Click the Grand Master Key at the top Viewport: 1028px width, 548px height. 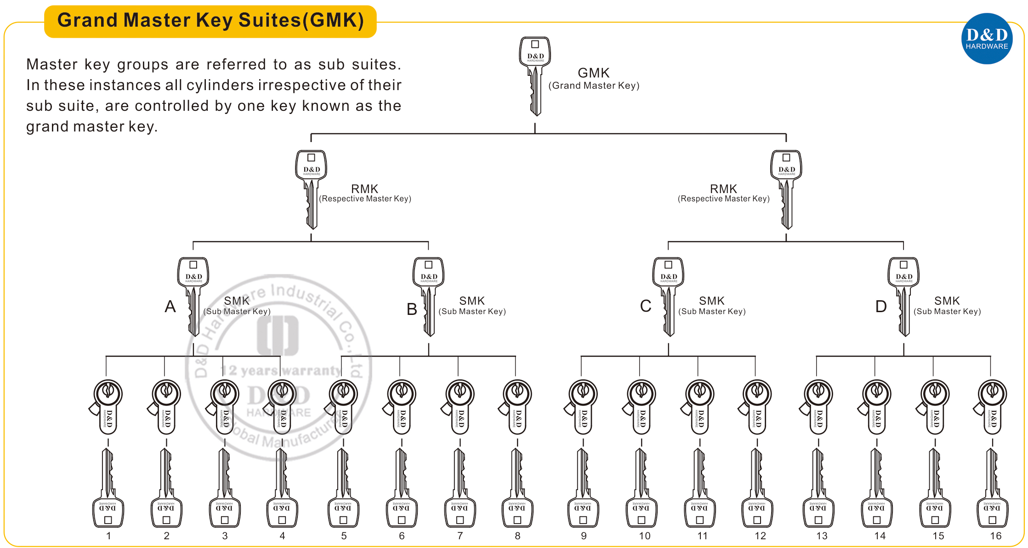pos(535,76)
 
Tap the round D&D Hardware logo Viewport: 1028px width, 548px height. pos(987,39)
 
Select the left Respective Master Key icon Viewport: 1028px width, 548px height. pos(311,189)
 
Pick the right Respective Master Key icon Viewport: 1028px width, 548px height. pos(786,189)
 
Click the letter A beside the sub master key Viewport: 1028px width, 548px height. pos(170,306)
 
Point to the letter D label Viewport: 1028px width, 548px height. pos(881,306)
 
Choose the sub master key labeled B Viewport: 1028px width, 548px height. pos(428,297)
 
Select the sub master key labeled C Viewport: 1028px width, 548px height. pos(668,297)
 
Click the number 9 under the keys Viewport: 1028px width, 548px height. pos(584,536)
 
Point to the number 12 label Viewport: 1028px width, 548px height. pos(760,536)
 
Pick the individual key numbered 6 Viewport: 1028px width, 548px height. pos(402,488)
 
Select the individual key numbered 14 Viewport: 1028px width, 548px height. pos(877,488)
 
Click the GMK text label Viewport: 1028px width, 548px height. pos(593,73)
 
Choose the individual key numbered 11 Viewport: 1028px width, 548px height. pos(699,488)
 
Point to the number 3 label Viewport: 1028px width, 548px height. pos(225,536)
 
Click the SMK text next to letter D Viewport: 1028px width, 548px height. pos(947,301)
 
